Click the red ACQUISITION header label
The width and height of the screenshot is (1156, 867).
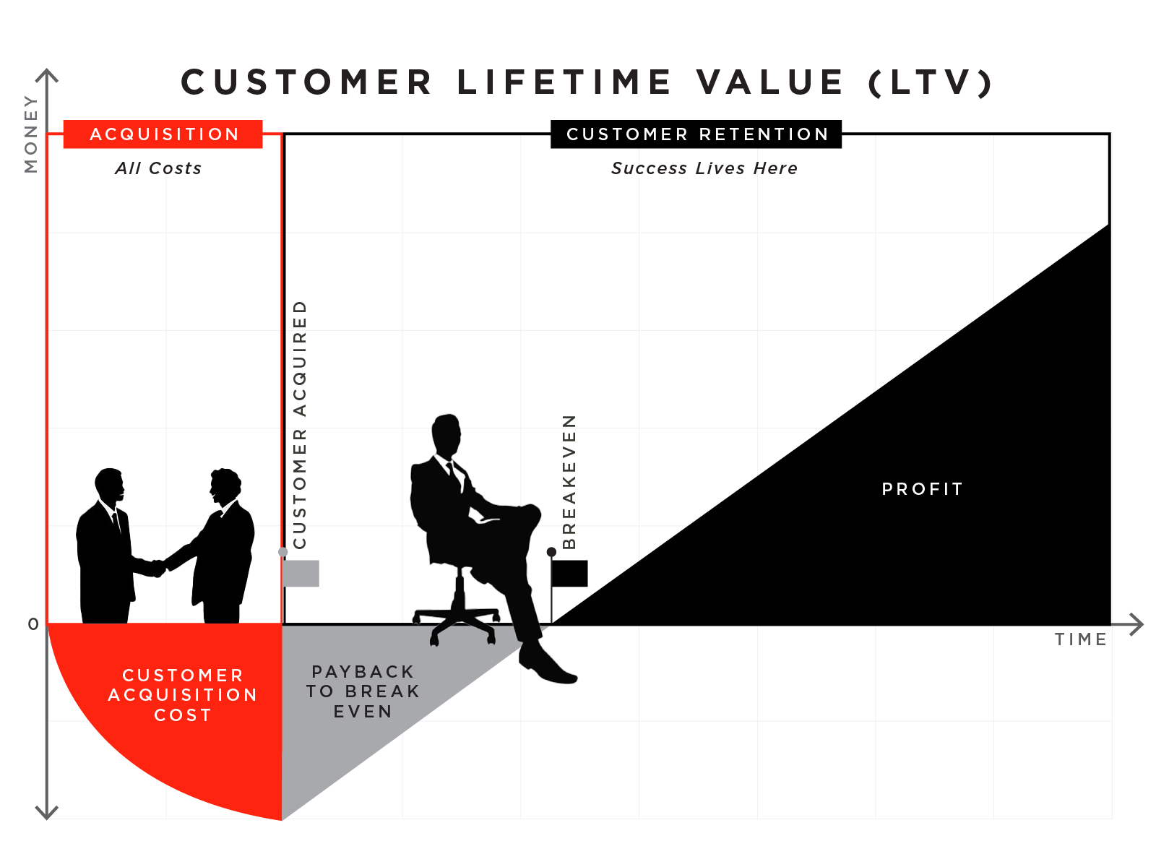pyautogui.click(x=163, y=134)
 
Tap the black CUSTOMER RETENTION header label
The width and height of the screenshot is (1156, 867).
pyautogui.click(x=696, y=134)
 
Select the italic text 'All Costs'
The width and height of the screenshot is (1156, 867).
pyautogui.click(x=158, y=168)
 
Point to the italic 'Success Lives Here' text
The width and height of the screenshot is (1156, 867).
pyautogui.click(x=704, y=168)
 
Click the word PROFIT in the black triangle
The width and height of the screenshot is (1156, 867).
pyautogui.click(x=923, y=489)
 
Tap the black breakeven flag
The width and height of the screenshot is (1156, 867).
pyautogui.click(x=569, y=573)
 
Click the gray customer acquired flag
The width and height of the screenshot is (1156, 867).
pyautogui.click(x=301, y=573)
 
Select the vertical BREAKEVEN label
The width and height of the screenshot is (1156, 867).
pyautogui.click(x=569, y=481)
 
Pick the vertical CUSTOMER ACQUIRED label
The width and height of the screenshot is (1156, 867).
pyautogui.click(x=300, y=424)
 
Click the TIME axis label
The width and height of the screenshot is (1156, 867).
pyautogui.click(x=1080, y=639)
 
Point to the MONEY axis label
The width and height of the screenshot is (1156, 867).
pyautogui.click(x=30, y=134)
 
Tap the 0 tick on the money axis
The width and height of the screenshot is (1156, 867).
pyautogui.click(x=33, y=624)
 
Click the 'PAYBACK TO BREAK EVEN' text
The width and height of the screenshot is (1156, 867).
pyautogui.click(x=363, y=691)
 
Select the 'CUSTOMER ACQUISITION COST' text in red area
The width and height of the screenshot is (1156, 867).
pyautogui.click(x=182, y=695)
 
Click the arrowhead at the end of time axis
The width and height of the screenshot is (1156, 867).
pyautogui.click(x=1137, y=624)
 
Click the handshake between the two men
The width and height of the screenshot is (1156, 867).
pyautogui.click(x=158, y=568)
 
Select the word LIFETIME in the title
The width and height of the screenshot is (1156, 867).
pyautogui.click(x=564, y=82)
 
